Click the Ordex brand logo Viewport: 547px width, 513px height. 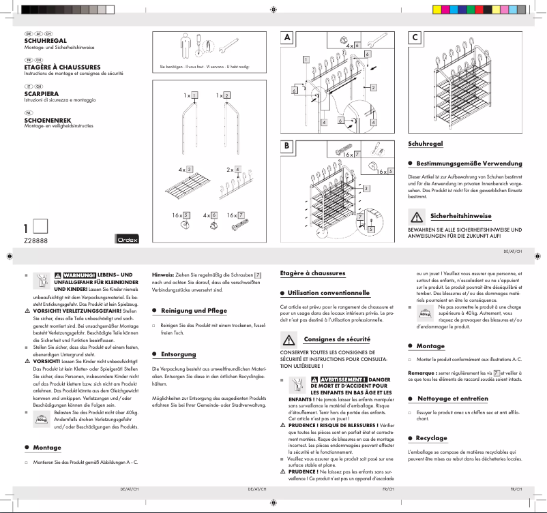[125, 238]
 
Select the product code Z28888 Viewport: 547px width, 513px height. [35, 240]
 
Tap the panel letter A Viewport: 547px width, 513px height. [289, 38]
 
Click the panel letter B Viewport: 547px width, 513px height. [289, 146]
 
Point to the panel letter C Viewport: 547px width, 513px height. [415, 38]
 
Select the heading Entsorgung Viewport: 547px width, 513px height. [178, 354]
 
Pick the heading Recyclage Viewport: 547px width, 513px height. [432, 438]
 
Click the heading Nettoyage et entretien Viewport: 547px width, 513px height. [452, 398]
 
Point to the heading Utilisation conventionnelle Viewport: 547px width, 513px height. [328, 292]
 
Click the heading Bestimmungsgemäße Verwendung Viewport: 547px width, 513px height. [469, 164]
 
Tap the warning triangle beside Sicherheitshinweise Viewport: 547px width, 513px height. [415, 217]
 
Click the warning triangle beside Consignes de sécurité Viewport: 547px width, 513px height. [289, 339]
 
